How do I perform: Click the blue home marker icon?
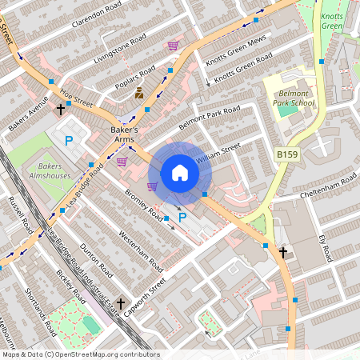(179, 173)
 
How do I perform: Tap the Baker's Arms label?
(124, 134)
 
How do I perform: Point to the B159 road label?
(288, 154)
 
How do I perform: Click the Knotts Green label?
(331, 20)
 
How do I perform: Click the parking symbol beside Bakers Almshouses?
(69, 141)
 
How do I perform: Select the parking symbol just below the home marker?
(182, 217)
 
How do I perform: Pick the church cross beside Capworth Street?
(121, 304)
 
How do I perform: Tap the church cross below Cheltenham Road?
(282, 252)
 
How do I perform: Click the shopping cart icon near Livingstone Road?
(173, 46)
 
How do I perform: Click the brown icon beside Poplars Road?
(139, 93)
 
